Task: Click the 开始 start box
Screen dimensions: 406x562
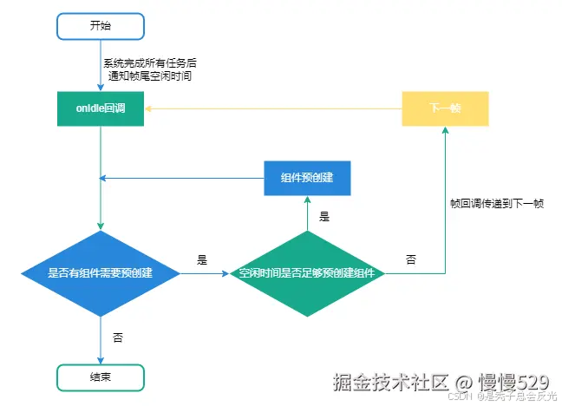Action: click(x=101, y=26)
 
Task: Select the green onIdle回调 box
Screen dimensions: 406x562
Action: click(x=101, y=109)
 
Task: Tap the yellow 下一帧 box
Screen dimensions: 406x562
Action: click(x=445, y=109)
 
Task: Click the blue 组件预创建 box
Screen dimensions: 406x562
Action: click(x=307, y=178)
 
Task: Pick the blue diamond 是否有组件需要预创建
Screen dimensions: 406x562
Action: click(x=101, y=274)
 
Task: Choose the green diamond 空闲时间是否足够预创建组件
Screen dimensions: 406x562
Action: click(x=307, y=274)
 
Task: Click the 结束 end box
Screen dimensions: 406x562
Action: click(x=101, y=377)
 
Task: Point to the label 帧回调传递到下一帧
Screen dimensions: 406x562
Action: click(x=497, y=205)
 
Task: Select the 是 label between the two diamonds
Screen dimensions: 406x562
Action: click(x=202, y=259)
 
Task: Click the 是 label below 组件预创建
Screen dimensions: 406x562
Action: click(x=324, y=217)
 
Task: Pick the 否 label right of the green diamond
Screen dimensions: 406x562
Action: click(x=410, y=259)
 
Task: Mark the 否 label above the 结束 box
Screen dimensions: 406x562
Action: click(x=118, y=337)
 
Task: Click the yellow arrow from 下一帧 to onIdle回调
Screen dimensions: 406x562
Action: click(x=273, y=109)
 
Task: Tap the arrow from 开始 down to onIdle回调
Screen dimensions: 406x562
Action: click(x=101, y=69)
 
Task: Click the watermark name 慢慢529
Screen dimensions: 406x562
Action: click(x=513, y=382)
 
